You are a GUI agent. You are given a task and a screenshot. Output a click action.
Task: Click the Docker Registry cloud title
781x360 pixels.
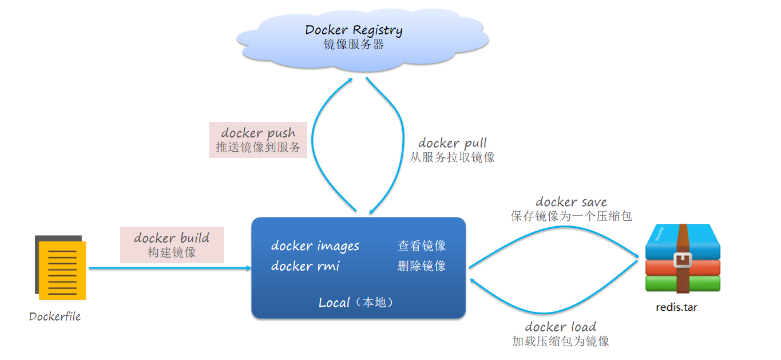[354, 30]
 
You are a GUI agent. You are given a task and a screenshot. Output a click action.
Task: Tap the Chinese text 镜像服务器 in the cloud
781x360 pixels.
[354, 45]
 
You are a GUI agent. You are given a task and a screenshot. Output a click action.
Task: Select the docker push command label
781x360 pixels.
[258, 133]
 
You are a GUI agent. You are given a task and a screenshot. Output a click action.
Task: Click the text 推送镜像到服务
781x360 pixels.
[258, 147]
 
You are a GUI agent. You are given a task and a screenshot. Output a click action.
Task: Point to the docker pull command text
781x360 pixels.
[453, 143]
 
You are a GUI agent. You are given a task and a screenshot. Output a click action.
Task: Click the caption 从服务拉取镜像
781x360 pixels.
[453, 157]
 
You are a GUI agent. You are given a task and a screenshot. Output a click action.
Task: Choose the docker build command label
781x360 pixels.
[172, 238]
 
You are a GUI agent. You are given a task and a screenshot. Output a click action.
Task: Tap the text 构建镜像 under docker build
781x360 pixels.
[172, 252]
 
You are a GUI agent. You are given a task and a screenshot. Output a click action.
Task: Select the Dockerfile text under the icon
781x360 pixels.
[55, 317]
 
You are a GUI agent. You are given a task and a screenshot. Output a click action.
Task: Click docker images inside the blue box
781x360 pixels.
[315, 246]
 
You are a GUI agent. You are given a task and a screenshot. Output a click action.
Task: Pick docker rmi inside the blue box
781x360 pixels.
[305, 266]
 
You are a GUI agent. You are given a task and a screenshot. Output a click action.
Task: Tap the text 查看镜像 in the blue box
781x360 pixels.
[422, 246]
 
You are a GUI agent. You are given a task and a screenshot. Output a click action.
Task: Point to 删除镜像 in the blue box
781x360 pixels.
[422, 266]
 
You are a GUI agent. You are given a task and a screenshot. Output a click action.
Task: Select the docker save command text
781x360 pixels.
[571, 201]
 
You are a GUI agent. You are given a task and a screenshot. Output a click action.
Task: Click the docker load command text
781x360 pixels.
[561, 327]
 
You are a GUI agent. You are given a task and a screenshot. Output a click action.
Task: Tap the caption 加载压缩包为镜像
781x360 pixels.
[561, 342]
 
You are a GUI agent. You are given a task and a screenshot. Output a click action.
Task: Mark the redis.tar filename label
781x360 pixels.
[677, 307]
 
